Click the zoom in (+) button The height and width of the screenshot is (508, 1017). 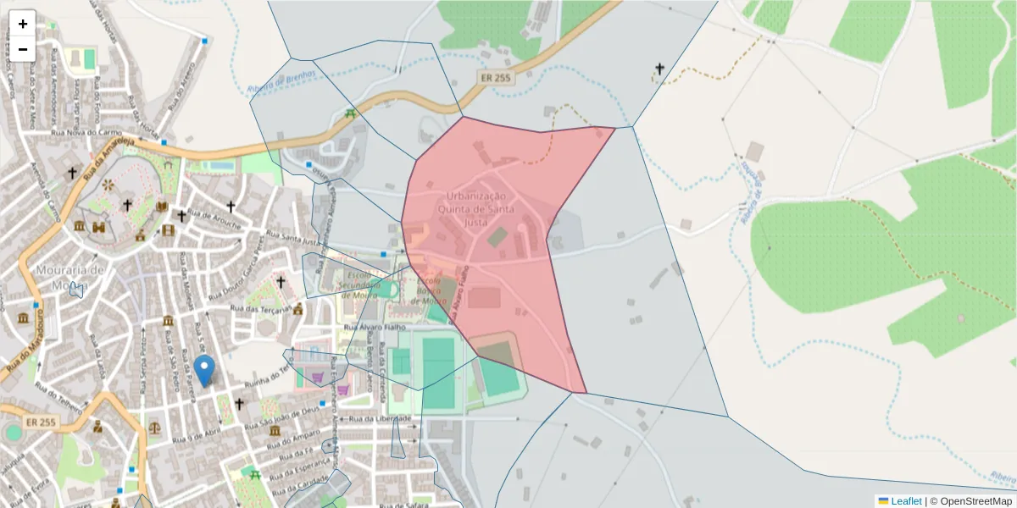click(x=23, y=24)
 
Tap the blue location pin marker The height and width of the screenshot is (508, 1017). click(x=204, y=371)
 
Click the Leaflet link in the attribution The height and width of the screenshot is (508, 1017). click(x=905, y=501)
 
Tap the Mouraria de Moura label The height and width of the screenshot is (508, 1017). click(x=70, y=277)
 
